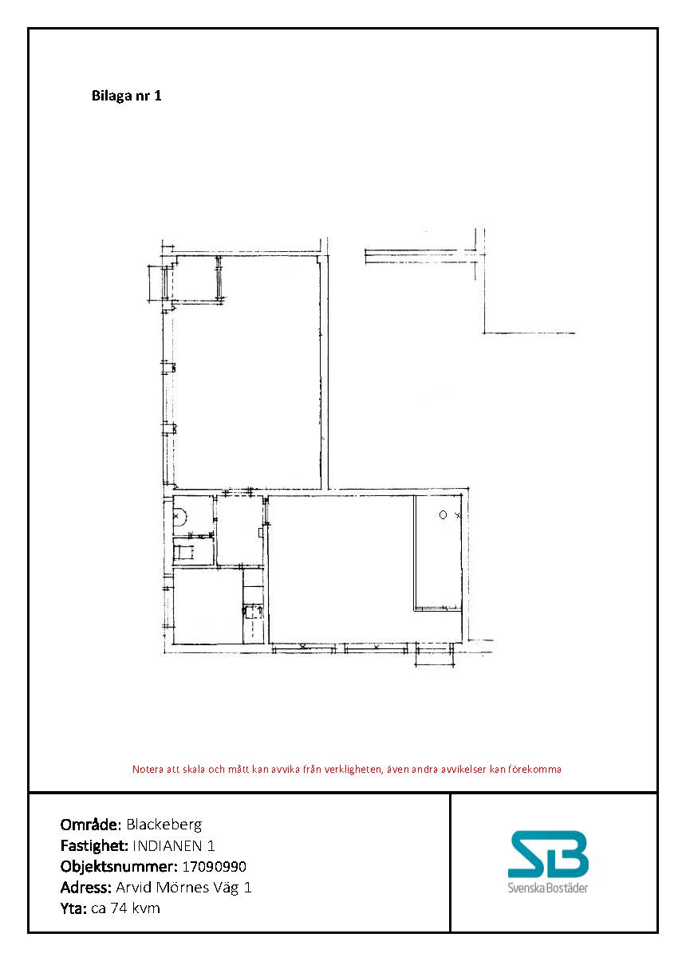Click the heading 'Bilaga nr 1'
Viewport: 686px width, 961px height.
(127, 95)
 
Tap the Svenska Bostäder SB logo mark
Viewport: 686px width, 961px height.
(548, 854)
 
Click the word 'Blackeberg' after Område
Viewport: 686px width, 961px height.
(164, 824)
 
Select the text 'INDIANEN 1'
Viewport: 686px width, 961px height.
(173, 845)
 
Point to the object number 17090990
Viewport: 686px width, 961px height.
(214, 866)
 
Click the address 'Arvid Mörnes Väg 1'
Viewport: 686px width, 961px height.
(183, 887)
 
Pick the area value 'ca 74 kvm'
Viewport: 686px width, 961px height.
(125, 908)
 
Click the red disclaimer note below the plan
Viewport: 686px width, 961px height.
(347, 770)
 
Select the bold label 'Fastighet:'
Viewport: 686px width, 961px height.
(94, 845)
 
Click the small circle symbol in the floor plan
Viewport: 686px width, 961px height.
(443, 515)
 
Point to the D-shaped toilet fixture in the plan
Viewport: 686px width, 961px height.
(179, 516)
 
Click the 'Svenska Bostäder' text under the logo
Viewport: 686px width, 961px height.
(548, 888)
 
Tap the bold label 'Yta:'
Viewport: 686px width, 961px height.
(74, 908)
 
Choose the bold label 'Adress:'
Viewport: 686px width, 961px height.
(86, 887)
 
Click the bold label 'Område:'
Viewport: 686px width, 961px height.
(91, 824)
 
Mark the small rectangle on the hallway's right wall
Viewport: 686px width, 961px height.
(260, 533)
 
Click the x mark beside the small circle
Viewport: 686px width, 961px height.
(457, 515)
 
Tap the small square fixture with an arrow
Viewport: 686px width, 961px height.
(253, 611)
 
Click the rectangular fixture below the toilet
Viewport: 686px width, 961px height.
(183, 553)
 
